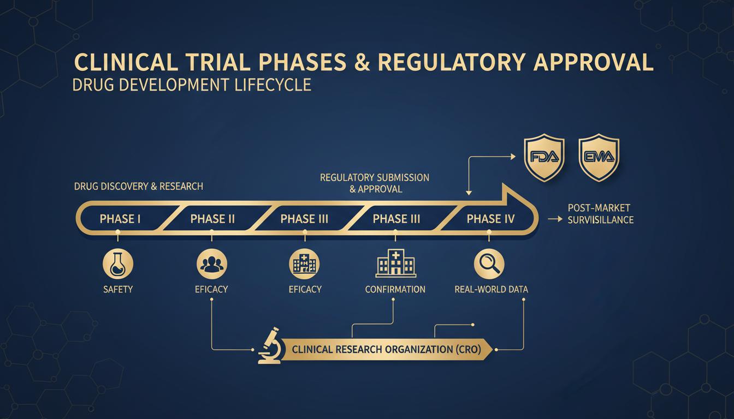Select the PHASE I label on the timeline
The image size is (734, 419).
coord(120,219)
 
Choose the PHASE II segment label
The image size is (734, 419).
coord(212,219)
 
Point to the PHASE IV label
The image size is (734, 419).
coord(491,219)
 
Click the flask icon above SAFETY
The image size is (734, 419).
coord(118,265)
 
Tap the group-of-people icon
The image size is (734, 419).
coord(211,265)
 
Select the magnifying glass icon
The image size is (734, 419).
coord(488,265)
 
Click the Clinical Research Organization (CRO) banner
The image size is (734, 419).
coord(387,350)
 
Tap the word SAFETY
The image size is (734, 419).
coord(118,289)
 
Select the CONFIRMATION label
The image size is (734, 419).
coord(395,289)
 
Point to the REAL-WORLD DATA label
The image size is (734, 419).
coord(491,289)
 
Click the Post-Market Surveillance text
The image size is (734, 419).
coord(600,214)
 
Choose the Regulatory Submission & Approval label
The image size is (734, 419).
coord(375,183)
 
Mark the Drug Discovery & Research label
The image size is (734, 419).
coord(138,187)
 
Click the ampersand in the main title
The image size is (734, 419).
coord(362,62)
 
